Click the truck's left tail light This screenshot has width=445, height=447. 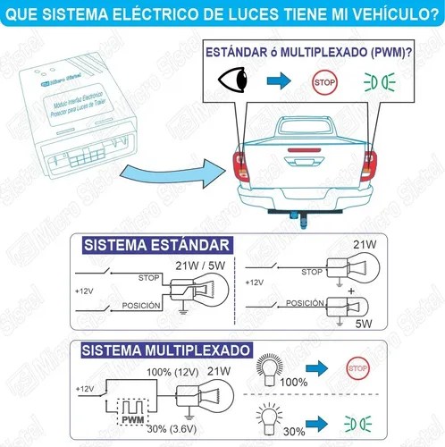tap(239, 165)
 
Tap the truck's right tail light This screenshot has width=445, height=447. tap(367, 166)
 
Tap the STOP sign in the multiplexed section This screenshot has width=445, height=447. tap(357, 368)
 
